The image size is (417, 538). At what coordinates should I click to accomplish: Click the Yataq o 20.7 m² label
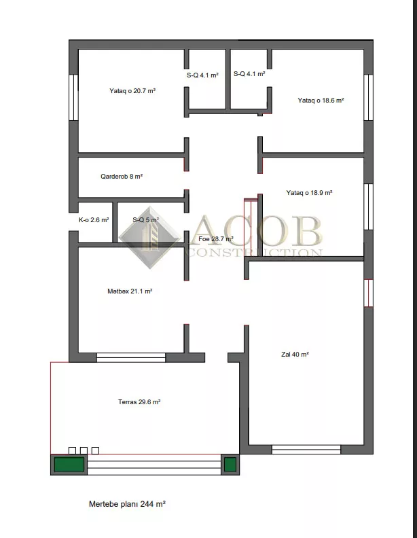click(x=132, y=91)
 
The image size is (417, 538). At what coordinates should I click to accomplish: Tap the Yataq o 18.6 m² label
click(x=321, y=100)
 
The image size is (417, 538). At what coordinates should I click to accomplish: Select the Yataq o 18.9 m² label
click(x=309, y=193)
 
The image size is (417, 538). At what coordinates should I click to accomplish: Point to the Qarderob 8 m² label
click(x=122, y=177)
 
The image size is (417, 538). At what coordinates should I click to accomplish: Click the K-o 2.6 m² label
click(x=94, y=220)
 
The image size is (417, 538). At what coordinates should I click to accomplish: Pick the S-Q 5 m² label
click(x=146, y=220)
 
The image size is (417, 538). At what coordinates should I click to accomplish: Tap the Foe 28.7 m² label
click(x=216, y=239)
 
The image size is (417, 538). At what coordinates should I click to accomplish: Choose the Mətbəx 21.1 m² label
click(x=130, y=291)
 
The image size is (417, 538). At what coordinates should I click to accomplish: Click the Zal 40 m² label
click(x=295, y=355)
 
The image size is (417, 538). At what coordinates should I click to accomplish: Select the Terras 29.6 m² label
click(x=139, y=401)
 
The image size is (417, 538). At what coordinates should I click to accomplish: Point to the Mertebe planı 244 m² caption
click(x=127, y=504)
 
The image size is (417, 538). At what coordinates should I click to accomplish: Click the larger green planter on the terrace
click(x=69, y=465)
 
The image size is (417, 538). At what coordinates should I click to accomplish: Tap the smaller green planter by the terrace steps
click(x=230, y=465)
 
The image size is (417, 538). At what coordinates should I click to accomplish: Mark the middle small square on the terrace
click(x=84, y=450)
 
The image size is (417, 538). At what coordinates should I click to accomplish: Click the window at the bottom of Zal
click(x=306, y=450)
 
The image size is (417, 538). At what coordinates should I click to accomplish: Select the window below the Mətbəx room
click(x=131, y=357)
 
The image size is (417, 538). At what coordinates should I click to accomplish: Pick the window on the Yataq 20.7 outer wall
click(x=74, y=97)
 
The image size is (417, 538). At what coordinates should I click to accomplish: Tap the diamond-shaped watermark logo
click(x=150, y=238)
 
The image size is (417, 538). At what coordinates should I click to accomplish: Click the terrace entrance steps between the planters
click(x=154, y=465)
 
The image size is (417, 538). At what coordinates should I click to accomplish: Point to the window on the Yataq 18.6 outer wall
click(x=368, y=97)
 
